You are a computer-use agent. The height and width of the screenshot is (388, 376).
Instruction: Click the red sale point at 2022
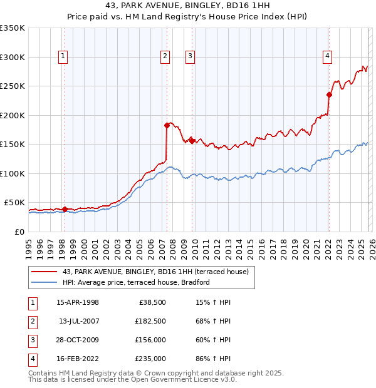tap(328, 94)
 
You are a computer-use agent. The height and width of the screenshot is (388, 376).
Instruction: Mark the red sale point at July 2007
tap(167, 125)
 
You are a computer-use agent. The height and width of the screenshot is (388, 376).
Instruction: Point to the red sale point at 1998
tap(65, 209)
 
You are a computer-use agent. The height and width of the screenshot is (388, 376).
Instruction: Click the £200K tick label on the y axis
tap(13, 115)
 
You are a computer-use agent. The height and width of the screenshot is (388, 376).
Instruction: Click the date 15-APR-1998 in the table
tap(78, 302)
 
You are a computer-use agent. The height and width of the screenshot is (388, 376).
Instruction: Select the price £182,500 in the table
tap(150, 321)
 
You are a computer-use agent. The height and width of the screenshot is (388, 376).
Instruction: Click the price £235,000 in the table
tap(150, 359)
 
